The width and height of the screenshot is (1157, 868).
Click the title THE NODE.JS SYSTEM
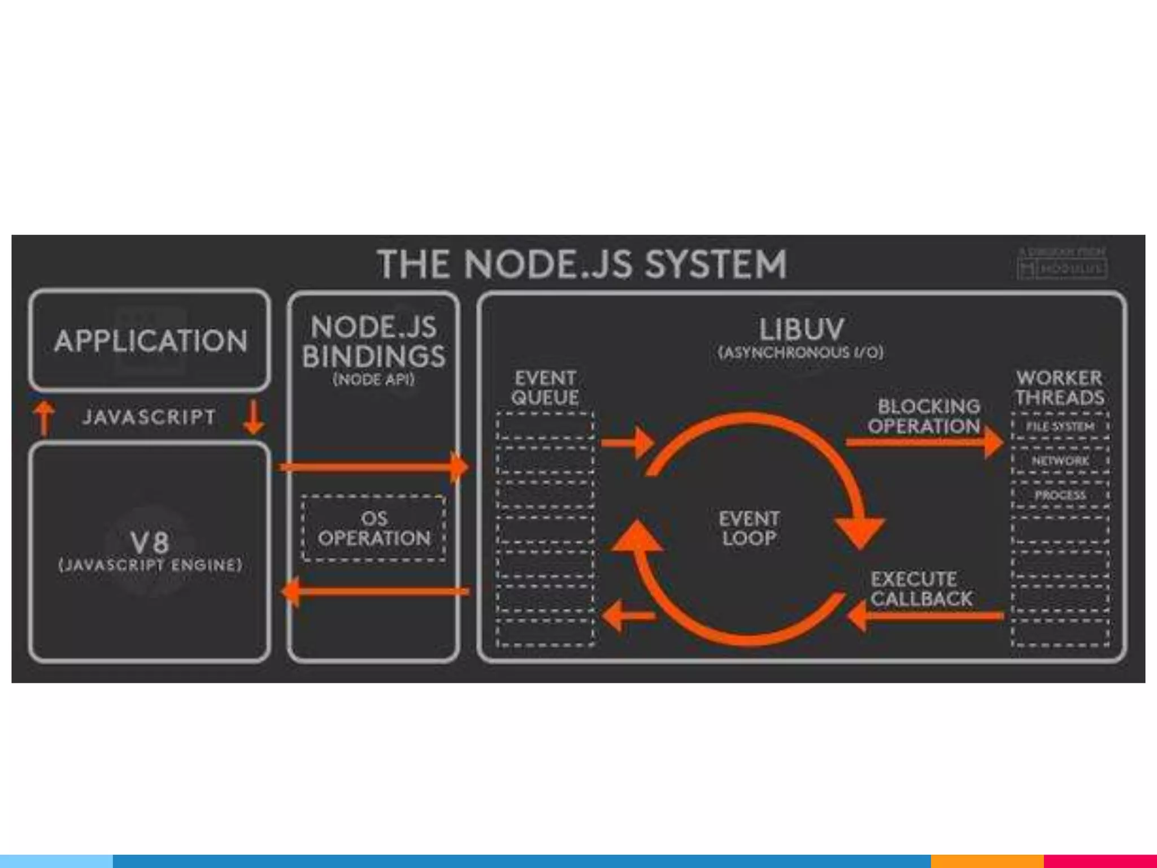pos(582,264)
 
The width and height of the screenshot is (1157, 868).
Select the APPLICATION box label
pos(150,341)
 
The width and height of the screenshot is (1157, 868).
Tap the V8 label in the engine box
pos(150,542)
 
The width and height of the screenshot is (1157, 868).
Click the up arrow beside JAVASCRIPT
pos(45,418)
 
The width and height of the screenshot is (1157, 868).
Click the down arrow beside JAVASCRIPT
pos(254,418)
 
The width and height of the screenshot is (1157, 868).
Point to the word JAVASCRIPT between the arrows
pos(149,418)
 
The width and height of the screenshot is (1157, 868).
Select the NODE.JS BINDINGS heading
pos(373,342)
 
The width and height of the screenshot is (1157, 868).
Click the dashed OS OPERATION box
pos(373,528)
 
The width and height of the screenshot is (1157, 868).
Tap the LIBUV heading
pos(801,329)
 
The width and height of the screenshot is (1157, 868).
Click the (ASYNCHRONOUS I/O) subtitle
pos(801,353)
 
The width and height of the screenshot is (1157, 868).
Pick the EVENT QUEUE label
pos(545,388)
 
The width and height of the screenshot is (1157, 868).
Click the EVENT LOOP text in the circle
pos(749,528)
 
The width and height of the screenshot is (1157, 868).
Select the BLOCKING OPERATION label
pos(924,416)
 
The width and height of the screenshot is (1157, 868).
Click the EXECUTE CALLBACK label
pos(921,589)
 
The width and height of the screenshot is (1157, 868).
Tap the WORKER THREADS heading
pos(1059,388)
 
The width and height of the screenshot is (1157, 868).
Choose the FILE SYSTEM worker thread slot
pos(1060,427)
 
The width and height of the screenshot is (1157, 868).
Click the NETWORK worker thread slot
pos(1060,461)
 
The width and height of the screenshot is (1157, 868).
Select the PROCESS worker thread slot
pos(1060,496)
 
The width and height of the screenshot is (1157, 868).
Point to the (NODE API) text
pos(373,380)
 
